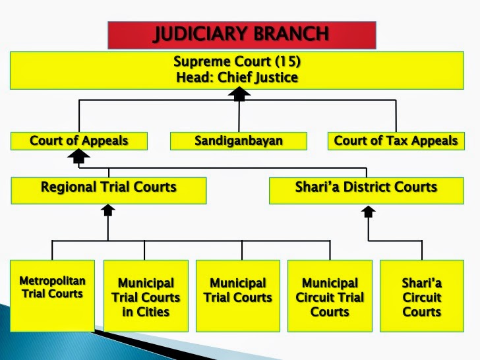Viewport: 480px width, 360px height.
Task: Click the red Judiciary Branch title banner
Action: (242, 35)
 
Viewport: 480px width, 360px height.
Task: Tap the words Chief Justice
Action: (257, 77)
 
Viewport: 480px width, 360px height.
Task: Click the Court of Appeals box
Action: (79, 141)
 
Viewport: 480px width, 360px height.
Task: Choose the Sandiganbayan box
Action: (239, 141)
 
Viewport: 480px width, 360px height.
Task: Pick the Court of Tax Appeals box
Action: (396, 141)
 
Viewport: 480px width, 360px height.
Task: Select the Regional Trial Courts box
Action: (109, 191)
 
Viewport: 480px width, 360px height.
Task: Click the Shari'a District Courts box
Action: (367, 191)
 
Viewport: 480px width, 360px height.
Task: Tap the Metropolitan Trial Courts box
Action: (52, 295)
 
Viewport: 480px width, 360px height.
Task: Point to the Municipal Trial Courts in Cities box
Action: (146, 295)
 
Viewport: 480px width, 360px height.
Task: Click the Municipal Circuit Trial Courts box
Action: (330, 295)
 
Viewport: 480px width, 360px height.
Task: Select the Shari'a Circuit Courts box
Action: (422, 295)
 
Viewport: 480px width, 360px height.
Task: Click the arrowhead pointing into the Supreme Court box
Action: (239, 94)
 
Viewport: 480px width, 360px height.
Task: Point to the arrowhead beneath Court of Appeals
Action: (78, 156)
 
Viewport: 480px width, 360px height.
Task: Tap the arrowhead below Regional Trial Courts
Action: (108, 210)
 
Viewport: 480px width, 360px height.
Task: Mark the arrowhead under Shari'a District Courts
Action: (369, 212)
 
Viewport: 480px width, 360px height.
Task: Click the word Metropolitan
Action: (52, 281)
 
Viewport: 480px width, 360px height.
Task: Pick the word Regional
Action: (69, 187)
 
